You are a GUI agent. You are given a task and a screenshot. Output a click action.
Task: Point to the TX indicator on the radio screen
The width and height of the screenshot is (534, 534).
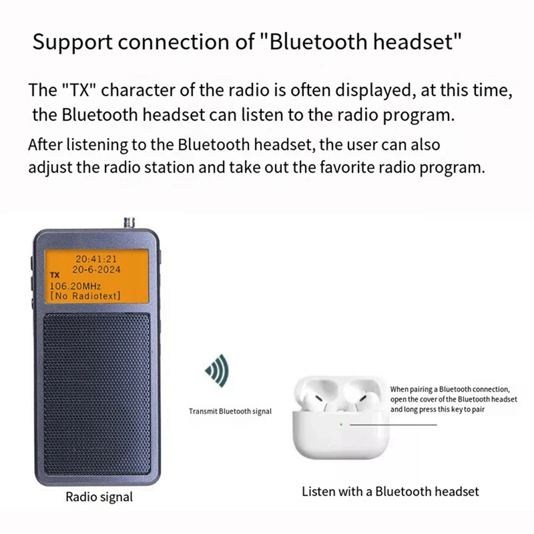coord(55,274)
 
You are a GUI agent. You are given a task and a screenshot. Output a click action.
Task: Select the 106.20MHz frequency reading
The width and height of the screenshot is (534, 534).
coord(75,285)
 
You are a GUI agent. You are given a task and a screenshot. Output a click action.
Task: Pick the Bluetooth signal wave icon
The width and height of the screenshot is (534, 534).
coord(216,368)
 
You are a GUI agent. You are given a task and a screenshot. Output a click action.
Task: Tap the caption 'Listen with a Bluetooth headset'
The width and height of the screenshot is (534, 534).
coord(390,492)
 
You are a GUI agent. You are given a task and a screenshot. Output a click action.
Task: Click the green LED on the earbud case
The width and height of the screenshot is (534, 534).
coord(340,423)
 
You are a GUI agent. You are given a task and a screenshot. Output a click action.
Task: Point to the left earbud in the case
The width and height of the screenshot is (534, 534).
coord(325,396)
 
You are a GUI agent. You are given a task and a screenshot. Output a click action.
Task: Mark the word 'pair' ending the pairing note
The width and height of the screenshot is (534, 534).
coord(477,409)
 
